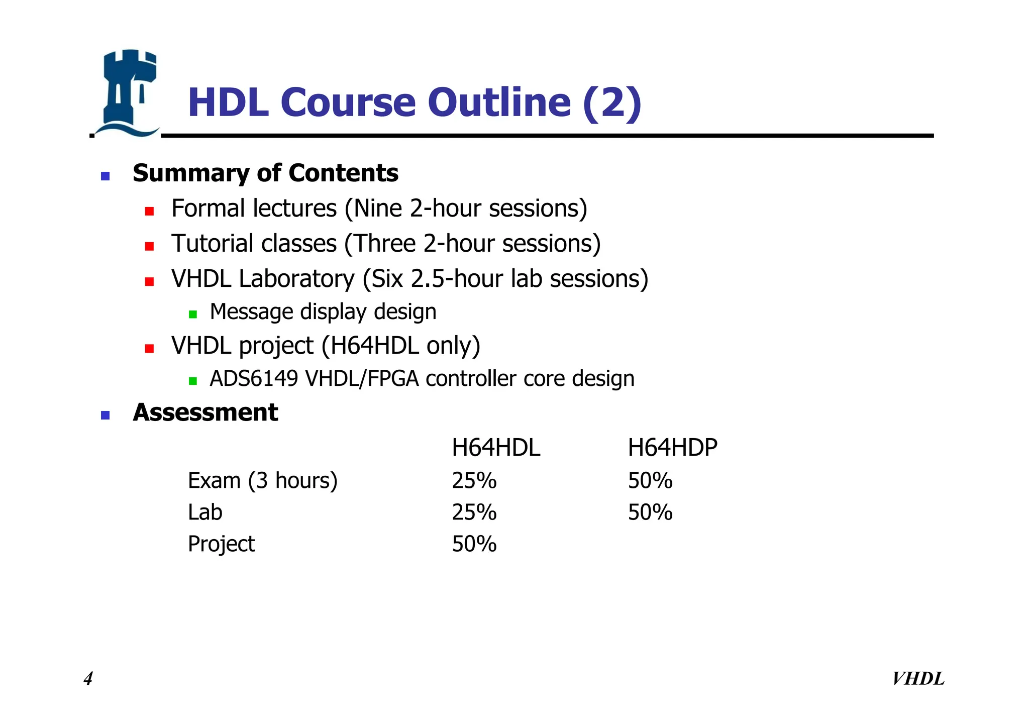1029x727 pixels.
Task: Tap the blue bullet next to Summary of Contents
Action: [x=105, y=176]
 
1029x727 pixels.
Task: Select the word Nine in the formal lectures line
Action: [x=378, y=209]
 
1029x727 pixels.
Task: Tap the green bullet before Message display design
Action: [x=192, y=315]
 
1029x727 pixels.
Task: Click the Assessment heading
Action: [x=205, y=412]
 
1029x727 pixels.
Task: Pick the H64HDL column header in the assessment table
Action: [x=495, y=448]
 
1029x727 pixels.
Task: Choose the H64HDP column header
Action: [x=672, y=448]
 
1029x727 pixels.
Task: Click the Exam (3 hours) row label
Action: [x=262, y=481]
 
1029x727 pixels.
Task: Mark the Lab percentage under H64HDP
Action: [x=650, y=512]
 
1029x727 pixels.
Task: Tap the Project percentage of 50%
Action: [x=474, y=544]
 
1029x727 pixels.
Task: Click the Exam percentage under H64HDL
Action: [x=474, y=481]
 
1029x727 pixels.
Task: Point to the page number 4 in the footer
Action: [x=88, y=679]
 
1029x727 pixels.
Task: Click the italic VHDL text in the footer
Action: [x=918, y=679]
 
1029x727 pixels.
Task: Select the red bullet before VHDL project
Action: [x=149, y=349]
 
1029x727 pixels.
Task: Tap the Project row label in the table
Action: [x=221, y=544]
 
